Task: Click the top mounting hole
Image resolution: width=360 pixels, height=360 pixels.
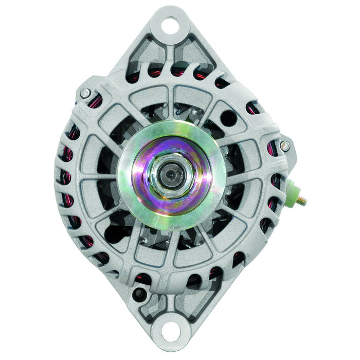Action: (x=171, y=23)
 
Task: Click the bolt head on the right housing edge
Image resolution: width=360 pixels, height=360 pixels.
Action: (x=285, y=146)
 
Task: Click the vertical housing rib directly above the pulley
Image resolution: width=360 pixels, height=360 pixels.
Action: (x=170, y=100)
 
